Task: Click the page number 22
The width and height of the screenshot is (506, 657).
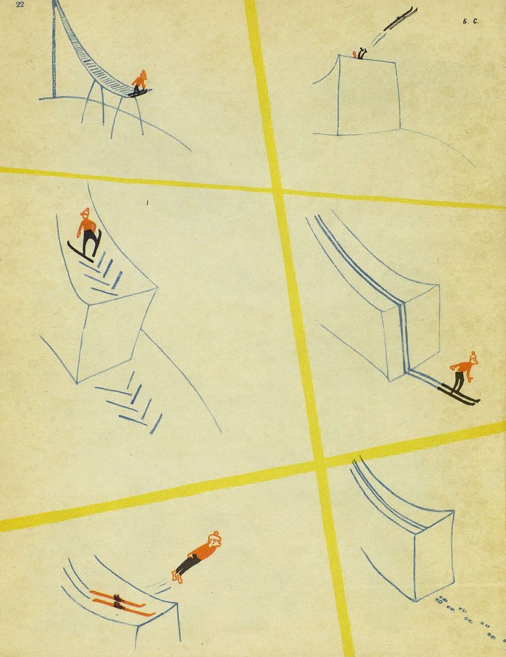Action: click(x=20, y=5)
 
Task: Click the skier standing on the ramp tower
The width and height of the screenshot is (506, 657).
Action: click(x=140, y=83)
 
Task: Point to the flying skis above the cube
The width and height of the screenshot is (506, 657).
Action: click(x=400, y=18)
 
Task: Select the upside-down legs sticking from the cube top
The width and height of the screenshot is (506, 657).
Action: click(x=359, y=54)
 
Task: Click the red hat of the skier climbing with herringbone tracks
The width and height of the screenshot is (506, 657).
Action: click(x=85, y=212)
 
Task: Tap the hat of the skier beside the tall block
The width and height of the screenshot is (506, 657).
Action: click(x=473, y=357)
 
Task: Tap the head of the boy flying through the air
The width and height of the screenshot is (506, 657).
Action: click(x=215, y=539)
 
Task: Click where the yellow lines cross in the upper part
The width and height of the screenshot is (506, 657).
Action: click(x=277, y=191)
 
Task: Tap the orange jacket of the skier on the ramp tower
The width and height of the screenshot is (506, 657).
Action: click(x=139, y=81)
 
